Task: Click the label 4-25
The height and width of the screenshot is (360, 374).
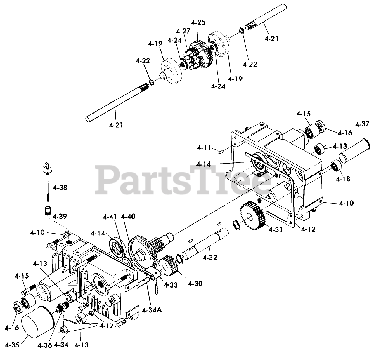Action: tap(198, 22)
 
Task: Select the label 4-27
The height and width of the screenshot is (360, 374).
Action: tap(183, 31)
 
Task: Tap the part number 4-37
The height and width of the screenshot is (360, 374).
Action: tap(362, 124)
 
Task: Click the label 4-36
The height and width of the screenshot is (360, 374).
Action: tap(45, 345)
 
